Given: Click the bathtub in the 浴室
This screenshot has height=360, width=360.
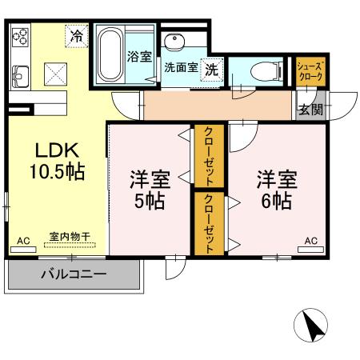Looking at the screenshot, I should [110, 53].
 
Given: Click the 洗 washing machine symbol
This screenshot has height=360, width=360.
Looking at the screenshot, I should [211, 70].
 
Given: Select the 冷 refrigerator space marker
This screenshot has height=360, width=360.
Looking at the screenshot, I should [76, 36].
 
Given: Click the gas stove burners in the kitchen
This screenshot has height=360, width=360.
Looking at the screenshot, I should [20, 37].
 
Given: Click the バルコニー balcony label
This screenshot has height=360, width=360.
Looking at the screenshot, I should [74, 274].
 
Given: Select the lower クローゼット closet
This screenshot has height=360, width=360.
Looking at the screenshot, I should [207, 223].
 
